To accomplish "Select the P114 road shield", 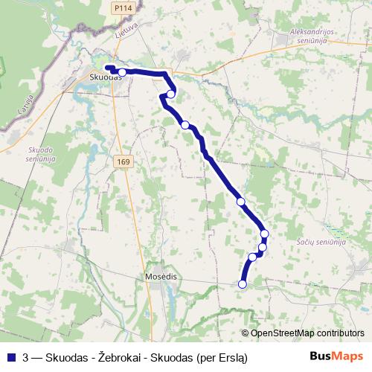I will [x=123, y=7].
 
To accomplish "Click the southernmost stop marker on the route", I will [x=242, y=284].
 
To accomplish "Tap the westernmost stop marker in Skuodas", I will [x=122, y=72].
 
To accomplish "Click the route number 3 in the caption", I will [x=26, y=357].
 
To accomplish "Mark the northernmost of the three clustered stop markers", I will [x=264, y=234].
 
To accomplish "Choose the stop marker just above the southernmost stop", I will [x=252, y=257].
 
